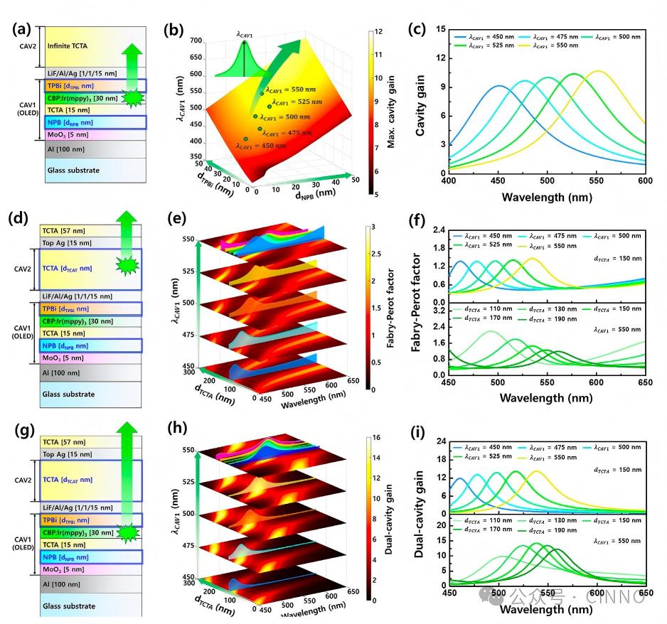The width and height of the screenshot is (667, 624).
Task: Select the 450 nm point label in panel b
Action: [x=262, y=145]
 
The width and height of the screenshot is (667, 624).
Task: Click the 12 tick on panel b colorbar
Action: [x=380, y=31]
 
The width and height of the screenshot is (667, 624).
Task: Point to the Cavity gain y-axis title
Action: [x=420, y=101]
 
